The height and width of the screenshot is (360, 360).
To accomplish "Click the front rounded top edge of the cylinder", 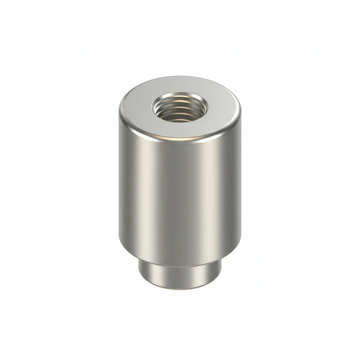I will tap(180, 140).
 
